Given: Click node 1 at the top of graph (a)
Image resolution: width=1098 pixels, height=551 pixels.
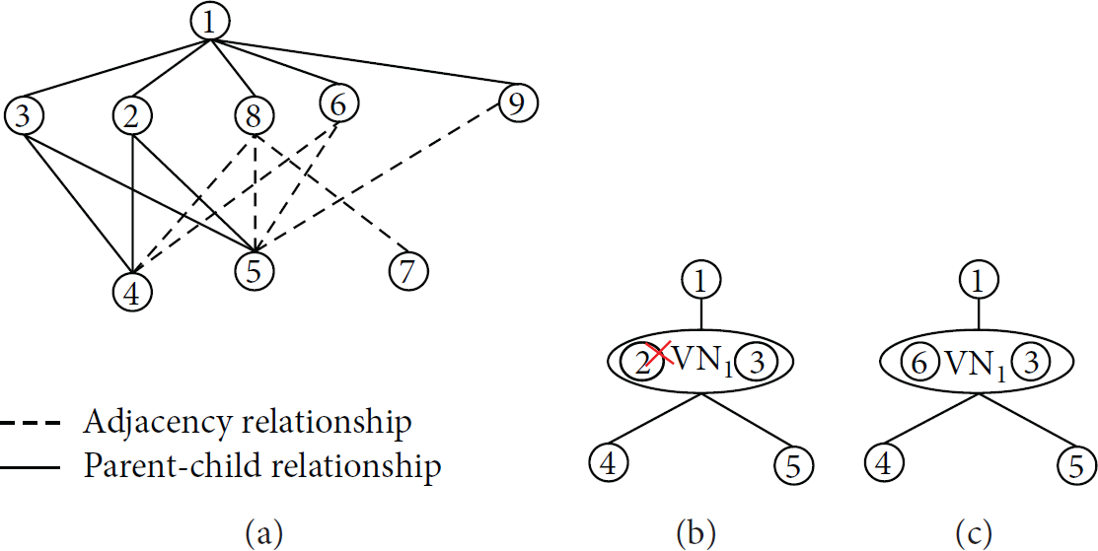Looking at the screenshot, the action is (210, 23).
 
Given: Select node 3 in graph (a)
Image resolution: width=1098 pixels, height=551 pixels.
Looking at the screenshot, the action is (23, 116).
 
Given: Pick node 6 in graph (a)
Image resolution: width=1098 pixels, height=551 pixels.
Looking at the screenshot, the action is (339, 104).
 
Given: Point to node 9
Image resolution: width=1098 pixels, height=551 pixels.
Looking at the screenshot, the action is (518, 104).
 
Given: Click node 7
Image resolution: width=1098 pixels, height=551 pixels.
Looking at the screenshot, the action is (407, 271).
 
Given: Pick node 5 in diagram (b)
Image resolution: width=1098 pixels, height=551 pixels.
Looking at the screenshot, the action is (795, 464).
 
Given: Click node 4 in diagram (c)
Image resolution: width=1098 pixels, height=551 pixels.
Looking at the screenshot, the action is (884, 464).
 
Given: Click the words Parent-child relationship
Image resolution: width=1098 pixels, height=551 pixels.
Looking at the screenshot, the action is (261, 465).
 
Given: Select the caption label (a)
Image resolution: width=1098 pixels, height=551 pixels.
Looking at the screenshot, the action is (264, 534).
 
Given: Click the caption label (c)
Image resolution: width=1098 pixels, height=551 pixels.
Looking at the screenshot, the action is (974, 534).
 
